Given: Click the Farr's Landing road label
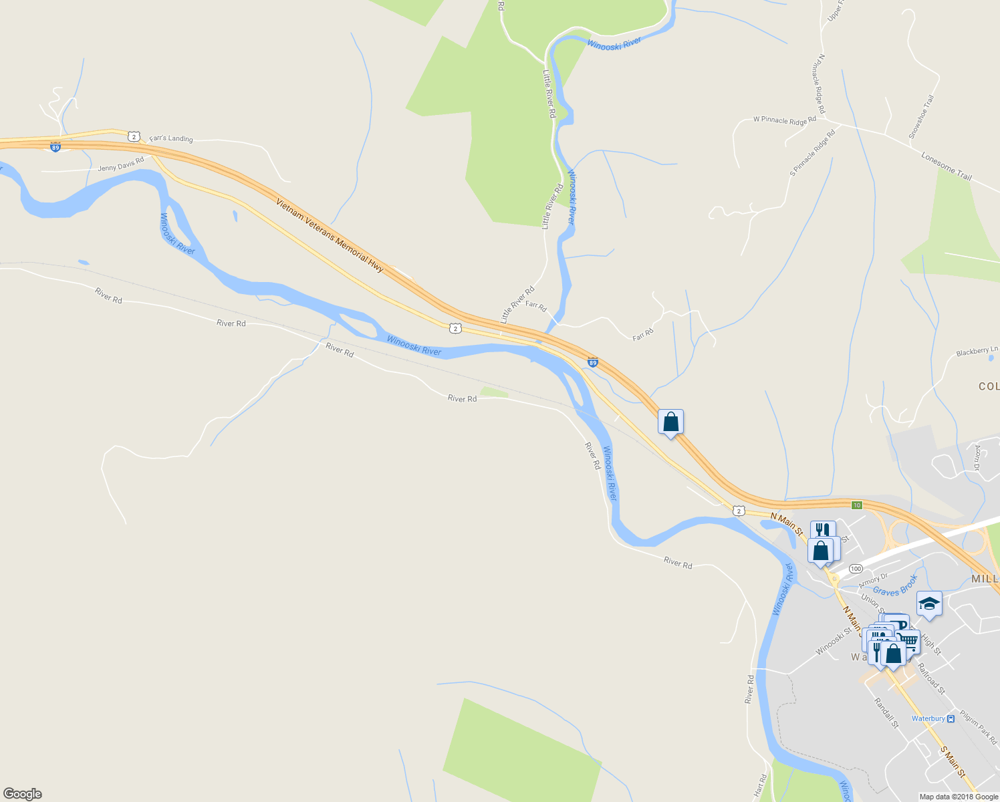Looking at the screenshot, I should pyautogui.click(x=171, y=138).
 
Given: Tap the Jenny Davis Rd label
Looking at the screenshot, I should pyautogui.click(x=121, y=164).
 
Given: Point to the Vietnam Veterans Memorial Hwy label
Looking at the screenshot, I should pyautogui.click(x=330, y=235).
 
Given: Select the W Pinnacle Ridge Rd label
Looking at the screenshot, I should pyautogui.click(x=784, y=120).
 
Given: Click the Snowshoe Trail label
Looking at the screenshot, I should pyautogui.click(x=921, y=117).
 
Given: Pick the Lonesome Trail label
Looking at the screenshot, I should pyautogui.click(x=947, y=166).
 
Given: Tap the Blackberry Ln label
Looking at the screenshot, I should pyautogui.click(x=977, y=351).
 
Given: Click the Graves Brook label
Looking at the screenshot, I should pyautogui.click(x=895, y=586).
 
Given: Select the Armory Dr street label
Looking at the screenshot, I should pyautogui.click(x=873, y=579).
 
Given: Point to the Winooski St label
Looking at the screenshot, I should pyautogui.click(x=833, y=642).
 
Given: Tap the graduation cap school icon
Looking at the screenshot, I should pyautogui.click(x=929, y=604).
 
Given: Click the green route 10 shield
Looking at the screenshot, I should pyautogui.click(x=857, y=504).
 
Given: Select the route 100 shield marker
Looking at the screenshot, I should pyautogui.click(x=856, y=568).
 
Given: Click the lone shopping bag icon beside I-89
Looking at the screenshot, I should pyautogui.click(x=670, y=422).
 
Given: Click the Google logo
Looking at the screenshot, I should pyautogui.click(x=22, y=794).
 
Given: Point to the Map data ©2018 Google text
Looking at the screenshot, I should pyautogui.click(x=958, y=797).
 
